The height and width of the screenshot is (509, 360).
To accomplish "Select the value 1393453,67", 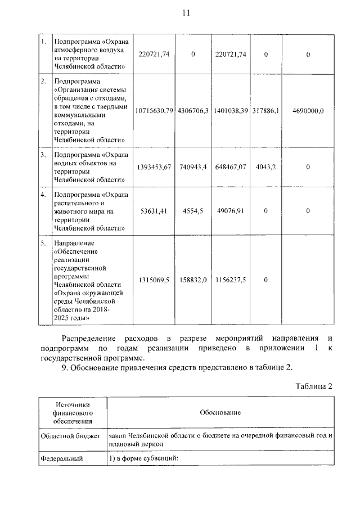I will coord(154,167).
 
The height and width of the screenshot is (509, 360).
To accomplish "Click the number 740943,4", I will coord(193,167).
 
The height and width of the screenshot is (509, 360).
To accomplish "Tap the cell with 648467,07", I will coord(231,167).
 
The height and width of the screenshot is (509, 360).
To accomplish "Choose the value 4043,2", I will coord(266,167).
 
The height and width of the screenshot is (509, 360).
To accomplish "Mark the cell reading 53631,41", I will coord(154,211).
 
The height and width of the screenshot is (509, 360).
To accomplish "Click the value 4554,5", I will coord(193,211).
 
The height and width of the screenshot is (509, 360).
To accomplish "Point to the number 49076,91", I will coord(231,211).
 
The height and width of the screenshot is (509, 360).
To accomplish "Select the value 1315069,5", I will coord(154,280).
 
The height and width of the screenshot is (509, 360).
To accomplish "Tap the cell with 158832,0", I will coord(193,280).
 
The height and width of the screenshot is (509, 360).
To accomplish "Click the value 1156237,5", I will coord(231,280).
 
